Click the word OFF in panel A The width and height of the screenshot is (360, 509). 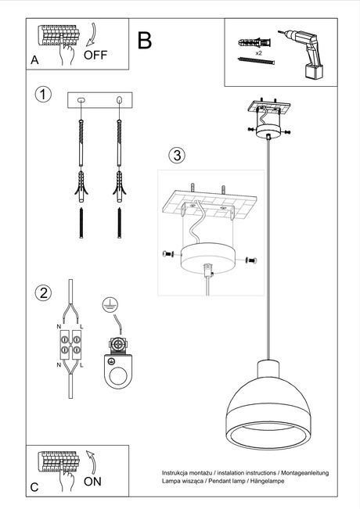pyautogui.click(x=95, y=55)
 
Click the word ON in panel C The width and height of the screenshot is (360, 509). pyautogui.click(x=92, y=482)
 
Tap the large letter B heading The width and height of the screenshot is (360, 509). pyautogui.click(x=145, y=41)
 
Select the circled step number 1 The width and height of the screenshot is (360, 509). pyautogui.click(x=43, y=94)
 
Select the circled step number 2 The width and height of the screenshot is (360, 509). pyautogui.click(x=43, y=293)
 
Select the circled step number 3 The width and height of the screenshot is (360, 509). pyautogui.click(x=178, y=155)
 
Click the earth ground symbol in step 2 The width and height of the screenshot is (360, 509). pyautogui.click(x=110, y=304)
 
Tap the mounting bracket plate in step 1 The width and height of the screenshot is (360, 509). pyautogui.click(x=100, y=100)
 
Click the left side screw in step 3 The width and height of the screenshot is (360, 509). pyautogui.click(x=167, y=254)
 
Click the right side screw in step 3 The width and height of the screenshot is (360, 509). pyautogui.click(x=250, y=260)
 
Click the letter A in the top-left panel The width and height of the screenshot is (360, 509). pyautogui.click(x=34, y=59)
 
